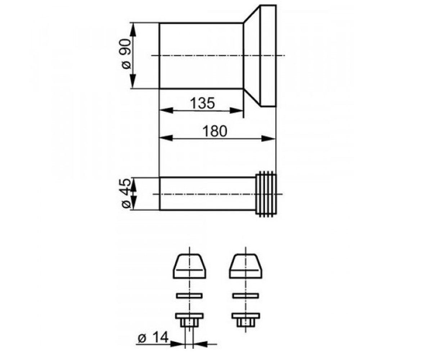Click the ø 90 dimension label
[126, 54]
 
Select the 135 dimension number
[202, 103]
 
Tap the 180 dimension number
[215, 131]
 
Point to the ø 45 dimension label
[126, 193]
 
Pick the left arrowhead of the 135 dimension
[166, 111]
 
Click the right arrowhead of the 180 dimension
[269, 139]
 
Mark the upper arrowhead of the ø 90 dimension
[133, 30]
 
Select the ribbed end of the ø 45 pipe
[266, 194]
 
